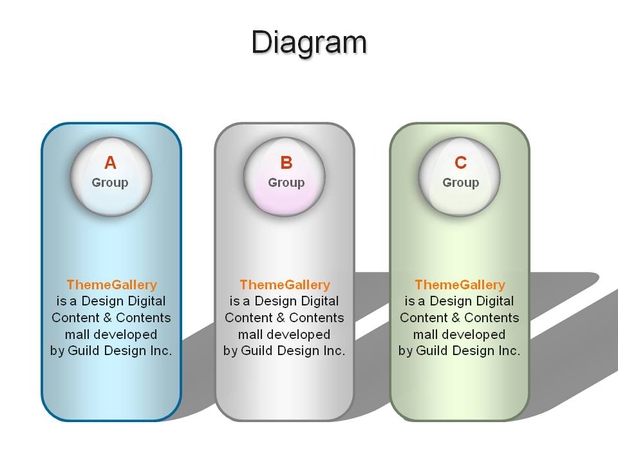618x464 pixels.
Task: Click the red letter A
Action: click(x=110, y=162)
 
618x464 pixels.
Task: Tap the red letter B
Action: click(x=286, y=162)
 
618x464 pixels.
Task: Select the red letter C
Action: click(x=460, y=162)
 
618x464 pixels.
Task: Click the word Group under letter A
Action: click(x=110, y=182)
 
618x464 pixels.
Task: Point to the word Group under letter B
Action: click(x=286, y=182)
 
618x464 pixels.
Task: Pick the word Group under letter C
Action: click(x=461, y=182)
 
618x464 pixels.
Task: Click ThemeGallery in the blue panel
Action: click(x=112, y=285)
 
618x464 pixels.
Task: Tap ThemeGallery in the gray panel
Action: click(x=285, y=285)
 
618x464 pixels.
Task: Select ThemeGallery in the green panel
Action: click(x=460, y=285)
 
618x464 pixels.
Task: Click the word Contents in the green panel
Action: click(x=491, y=318)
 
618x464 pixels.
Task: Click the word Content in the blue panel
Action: click(x=76, y=318)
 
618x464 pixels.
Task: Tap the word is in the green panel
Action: click(x=409, y=301)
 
